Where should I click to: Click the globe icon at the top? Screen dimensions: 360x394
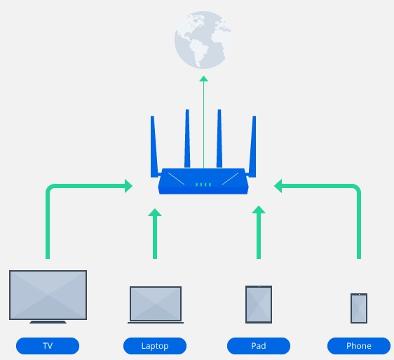[x=203, y=41]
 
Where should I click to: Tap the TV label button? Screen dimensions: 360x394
[x=48, y=346]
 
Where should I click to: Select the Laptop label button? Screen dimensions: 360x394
[x=155, y=346]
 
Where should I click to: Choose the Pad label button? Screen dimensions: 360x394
[x=258, y=346]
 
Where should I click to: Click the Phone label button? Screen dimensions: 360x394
[x=359, y=346]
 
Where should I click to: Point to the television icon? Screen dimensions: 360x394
[x=48, y=295]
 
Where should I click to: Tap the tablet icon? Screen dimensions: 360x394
[x=258, y=304]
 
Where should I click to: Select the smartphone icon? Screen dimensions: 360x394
[x=359, y=308]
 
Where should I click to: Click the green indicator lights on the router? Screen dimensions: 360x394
[x=203, y=185]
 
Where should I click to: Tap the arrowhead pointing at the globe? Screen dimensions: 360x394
[x=203, y=79]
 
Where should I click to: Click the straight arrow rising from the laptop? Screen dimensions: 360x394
[x=156, y=235]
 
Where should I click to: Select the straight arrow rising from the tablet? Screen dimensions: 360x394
[x=259, y=235]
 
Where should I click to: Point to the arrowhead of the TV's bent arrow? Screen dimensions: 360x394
[x=128, y=186]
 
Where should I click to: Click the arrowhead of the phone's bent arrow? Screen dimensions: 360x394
[x=278, y=186]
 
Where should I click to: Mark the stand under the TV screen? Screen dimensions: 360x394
[x=48, y=322]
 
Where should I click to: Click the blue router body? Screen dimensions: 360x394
[x=203, y=182]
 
